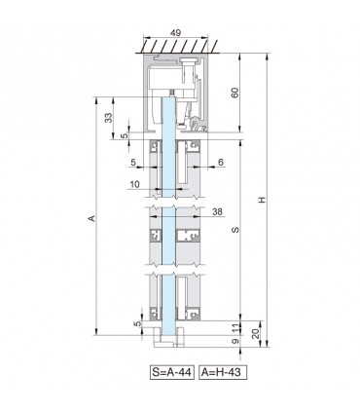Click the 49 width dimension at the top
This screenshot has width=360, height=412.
[175, 33]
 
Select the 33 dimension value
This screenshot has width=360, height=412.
[109, 118]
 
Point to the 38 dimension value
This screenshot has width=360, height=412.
[218, 211]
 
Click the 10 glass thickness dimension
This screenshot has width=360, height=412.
[134, 184]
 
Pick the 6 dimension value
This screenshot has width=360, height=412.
[221, 162]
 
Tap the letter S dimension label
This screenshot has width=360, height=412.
[235, 230]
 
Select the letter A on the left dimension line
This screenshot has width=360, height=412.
[92, 218]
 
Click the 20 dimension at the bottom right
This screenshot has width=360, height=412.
[256, 333]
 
